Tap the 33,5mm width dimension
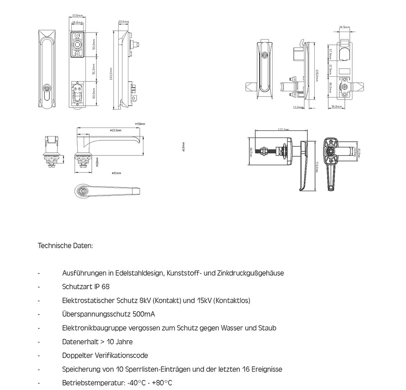[x=77, y=15]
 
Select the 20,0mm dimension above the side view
[x=123, y=21]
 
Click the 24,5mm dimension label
[x=344, y=27]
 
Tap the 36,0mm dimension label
[x=336, y=106]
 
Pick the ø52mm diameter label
[x=116, y=173]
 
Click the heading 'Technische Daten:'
[x=65, y=246]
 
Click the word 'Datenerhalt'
[x=79, y=342]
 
